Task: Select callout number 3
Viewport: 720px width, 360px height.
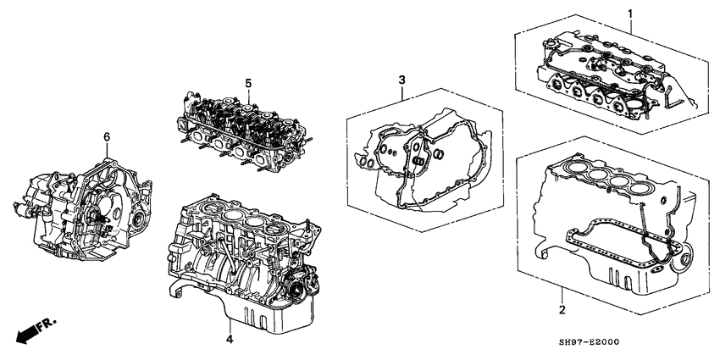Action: (402, 80)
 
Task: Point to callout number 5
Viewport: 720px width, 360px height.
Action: (248, 83)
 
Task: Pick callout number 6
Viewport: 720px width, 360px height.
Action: (107, 136)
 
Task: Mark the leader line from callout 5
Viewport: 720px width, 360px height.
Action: (247, 96)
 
